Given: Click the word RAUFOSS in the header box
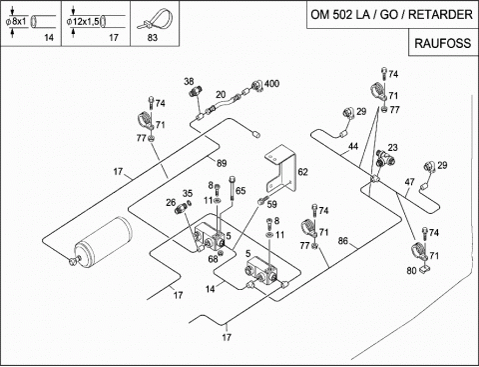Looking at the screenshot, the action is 443,43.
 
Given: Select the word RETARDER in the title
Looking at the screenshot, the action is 440,15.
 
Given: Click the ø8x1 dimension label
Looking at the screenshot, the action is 16,22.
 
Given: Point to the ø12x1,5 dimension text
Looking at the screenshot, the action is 83,22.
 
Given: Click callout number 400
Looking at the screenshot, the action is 271,84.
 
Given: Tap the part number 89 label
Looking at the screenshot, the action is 222,163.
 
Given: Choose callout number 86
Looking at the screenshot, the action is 343,241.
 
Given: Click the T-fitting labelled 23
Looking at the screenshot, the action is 385,158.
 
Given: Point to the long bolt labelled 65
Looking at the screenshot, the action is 232,189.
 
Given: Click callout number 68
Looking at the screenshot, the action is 213,259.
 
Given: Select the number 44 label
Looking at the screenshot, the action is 353,146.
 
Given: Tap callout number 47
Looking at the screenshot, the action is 409,182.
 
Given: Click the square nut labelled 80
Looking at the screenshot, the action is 424,269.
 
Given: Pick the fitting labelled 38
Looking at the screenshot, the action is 194,91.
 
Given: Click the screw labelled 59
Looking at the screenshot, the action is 262,201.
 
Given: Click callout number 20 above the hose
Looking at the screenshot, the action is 221,95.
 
